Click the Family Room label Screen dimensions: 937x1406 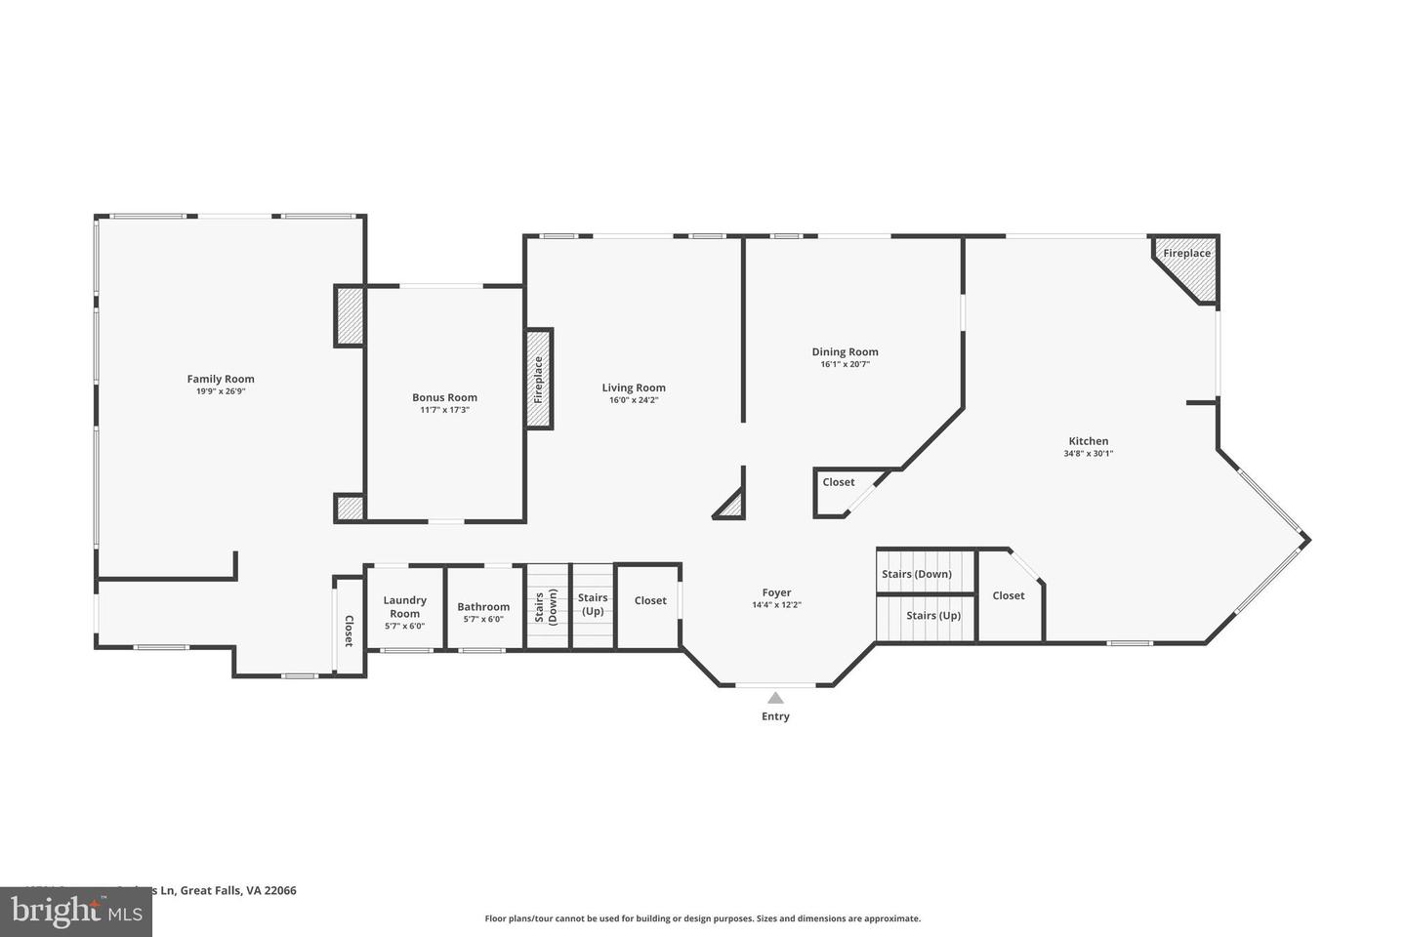point(221,379)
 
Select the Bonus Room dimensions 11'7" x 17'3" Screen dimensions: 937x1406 point(444,410)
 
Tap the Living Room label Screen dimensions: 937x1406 point(634,387)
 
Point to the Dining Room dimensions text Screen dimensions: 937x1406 point(845,364)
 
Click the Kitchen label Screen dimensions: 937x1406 point(1088,441)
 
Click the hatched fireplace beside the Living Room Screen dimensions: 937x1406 point(539,378)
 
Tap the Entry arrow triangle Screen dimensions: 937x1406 point(775,698)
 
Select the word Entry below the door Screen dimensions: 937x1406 point(775,716)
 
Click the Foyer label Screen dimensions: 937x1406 point(776,592)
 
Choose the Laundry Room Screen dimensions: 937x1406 point(404,607)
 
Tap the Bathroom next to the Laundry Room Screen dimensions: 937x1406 point(483,607)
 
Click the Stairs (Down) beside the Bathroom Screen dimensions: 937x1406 point(547,606)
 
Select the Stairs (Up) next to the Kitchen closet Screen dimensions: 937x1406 point(932,616)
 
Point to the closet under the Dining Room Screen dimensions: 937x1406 point(838,482)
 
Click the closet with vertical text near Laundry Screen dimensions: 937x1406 point(349,630)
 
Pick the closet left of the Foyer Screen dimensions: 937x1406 point(650,600)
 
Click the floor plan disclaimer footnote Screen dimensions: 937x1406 point(702,918)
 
